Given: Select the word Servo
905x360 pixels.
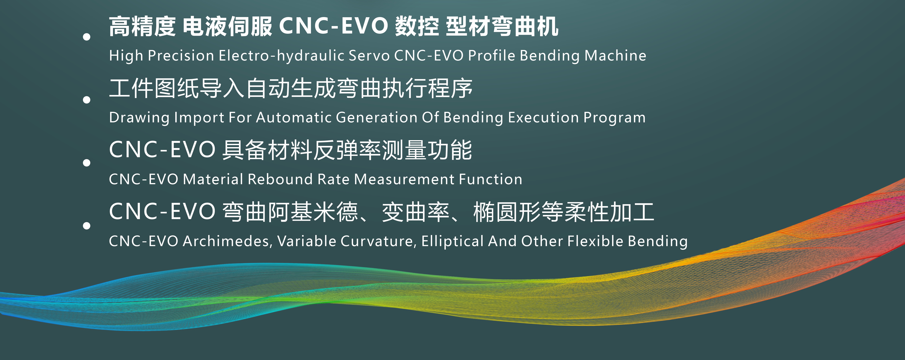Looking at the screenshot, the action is (x=369, y=56).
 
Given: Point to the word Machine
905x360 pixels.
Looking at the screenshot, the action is (x=615, y=56).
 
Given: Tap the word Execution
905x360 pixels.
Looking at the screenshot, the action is (x=543, y=117).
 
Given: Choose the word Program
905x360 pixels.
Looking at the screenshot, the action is (x=614, y=118).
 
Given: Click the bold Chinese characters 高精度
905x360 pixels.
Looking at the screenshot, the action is (x=142, y=26).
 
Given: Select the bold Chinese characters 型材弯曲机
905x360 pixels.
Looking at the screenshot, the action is (x=502, y=26).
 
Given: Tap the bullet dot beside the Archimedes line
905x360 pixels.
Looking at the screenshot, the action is (x=86, y=226).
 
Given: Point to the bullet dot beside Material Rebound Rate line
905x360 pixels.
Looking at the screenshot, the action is (x=86, y=163).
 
